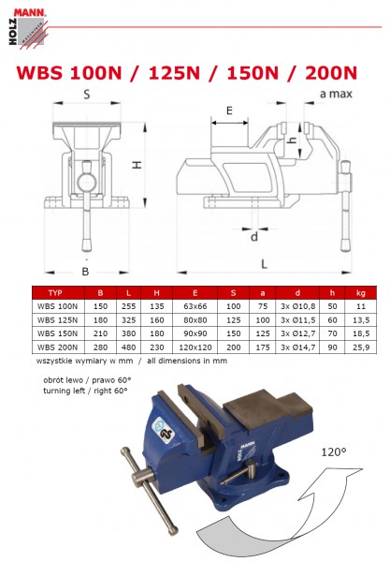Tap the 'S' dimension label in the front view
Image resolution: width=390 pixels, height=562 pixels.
coord(85,95)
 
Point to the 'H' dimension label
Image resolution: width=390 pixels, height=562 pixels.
coord(137,165)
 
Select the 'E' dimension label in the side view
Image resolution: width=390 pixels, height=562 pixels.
coord(229,111)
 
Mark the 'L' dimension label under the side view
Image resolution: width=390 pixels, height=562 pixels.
coord(265,261)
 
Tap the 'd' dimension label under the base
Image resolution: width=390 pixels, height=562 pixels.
coord(253,236)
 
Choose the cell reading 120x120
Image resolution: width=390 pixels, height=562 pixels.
coord(195,347)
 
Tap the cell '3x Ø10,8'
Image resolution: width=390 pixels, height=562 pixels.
coord(296,306)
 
